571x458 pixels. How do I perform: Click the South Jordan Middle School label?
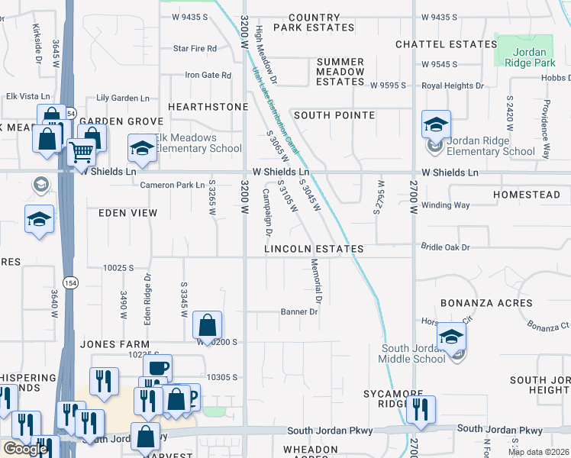[413, 353]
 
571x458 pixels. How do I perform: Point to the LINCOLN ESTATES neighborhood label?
[312, 250]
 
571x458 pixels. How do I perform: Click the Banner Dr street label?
[299, 311]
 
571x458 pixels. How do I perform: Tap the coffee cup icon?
[158, 368]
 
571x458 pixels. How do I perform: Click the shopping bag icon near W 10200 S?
[207, 325]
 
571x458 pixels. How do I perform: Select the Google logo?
[25, 449]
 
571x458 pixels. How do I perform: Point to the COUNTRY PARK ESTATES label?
[315, 22]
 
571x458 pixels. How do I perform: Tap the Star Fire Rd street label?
[195, 48]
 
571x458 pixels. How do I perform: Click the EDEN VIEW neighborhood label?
[127, 214]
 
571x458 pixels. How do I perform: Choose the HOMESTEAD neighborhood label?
[527, 195]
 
